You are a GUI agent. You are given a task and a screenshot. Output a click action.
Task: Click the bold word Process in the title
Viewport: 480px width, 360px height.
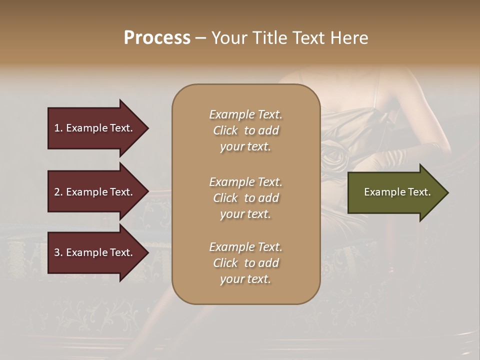(157, 38)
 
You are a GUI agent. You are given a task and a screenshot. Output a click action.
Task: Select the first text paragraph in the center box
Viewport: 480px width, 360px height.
(245, 130)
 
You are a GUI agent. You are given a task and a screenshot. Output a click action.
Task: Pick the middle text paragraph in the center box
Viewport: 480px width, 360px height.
(245, 198)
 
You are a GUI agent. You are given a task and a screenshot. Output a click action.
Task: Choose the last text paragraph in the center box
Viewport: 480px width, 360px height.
(245, 263)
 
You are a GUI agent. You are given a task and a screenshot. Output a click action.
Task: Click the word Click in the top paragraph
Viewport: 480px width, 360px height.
(225, 130)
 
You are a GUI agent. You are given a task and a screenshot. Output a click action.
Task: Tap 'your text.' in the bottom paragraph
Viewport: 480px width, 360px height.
(245, 279)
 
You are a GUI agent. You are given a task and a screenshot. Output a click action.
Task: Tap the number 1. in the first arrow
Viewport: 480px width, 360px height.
(58, 128)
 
